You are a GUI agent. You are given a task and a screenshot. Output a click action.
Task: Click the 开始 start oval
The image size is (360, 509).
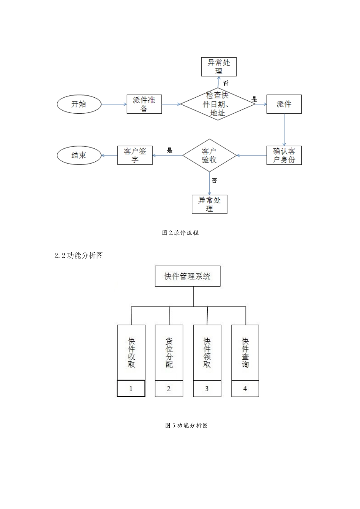pos(79,104)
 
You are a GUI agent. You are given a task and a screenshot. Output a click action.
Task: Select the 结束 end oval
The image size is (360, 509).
pos(79,155)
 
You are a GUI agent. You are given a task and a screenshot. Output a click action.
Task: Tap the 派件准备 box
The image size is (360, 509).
pos(144,104)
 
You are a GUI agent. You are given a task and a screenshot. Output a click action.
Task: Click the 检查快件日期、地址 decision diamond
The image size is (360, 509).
pos(218,104)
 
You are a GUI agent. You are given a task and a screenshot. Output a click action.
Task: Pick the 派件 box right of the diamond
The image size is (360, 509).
pos(284,104)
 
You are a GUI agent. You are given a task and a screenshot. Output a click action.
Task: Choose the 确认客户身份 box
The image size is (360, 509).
pos(284,155)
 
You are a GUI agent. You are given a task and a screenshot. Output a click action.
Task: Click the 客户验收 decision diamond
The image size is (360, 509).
pos(209,155)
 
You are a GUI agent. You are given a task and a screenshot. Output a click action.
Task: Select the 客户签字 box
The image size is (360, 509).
pos(135,155)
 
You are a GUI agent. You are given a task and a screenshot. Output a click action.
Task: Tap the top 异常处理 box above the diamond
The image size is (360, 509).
pos(219,67)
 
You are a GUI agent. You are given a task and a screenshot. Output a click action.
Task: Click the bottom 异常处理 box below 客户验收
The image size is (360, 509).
pos(209,204)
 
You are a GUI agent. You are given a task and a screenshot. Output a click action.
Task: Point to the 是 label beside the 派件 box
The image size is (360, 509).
pos(254,99)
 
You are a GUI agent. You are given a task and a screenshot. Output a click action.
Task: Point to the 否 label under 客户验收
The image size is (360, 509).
pos(214,181)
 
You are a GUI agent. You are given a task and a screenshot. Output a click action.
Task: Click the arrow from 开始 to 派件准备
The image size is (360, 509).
pos(114,104)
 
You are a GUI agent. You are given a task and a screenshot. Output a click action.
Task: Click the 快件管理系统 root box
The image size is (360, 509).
pos(188,276)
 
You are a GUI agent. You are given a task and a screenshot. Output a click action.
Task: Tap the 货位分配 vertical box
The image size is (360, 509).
pos(169,353)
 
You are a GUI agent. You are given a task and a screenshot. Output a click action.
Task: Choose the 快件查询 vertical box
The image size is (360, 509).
pos(245,353)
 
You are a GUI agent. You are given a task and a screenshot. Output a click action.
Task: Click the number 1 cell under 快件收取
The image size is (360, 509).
pos(131,389)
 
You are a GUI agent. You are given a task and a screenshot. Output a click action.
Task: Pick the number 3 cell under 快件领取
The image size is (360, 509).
pos(207,389)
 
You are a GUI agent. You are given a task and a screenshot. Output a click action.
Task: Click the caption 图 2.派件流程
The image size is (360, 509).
pos(180,233)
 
